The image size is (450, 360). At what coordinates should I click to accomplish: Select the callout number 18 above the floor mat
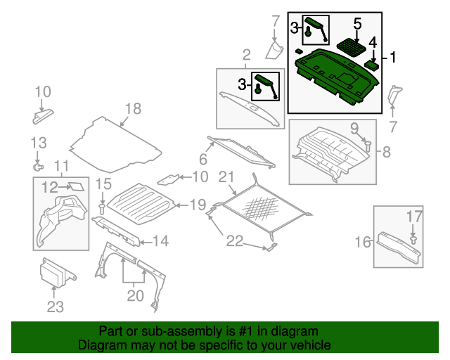133,108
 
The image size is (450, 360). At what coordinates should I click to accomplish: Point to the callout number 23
55,307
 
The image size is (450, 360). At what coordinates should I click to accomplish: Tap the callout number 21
226,176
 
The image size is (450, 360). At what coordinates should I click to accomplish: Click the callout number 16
362,243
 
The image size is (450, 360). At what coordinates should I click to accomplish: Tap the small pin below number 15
103,208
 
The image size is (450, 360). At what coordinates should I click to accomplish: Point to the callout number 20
134,295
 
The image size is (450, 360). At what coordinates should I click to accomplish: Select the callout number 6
202,158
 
